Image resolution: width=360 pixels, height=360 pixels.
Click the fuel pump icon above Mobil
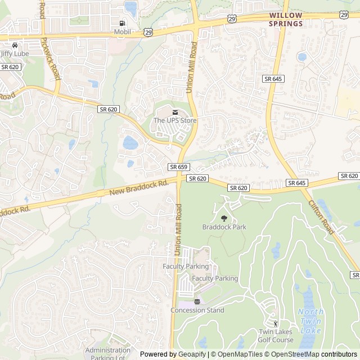(122, 23)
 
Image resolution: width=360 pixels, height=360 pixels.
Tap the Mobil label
(122, 32)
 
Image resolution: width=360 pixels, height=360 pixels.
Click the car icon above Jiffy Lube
(14, 45)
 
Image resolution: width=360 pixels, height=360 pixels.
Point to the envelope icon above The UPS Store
(175, 112)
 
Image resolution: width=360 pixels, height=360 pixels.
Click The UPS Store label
(175, 120)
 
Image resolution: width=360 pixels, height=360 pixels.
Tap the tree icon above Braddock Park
(224, 218)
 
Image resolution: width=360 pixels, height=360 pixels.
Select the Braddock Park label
(224, 227)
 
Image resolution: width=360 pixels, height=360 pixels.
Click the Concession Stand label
(197, 310)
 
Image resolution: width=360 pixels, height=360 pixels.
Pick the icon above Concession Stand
(197, 301)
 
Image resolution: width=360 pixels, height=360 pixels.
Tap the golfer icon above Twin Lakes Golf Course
(275, 323)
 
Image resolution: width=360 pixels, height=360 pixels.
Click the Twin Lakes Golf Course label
(276, 336)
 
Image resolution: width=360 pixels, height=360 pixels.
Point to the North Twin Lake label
(311, 320)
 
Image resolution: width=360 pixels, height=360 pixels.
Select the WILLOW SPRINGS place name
(286, 20)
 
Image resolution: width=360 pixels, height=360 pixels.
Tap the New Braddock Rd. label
(139, 188)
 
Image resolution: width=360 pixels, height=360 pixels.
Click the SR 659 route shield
(178, 167)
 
